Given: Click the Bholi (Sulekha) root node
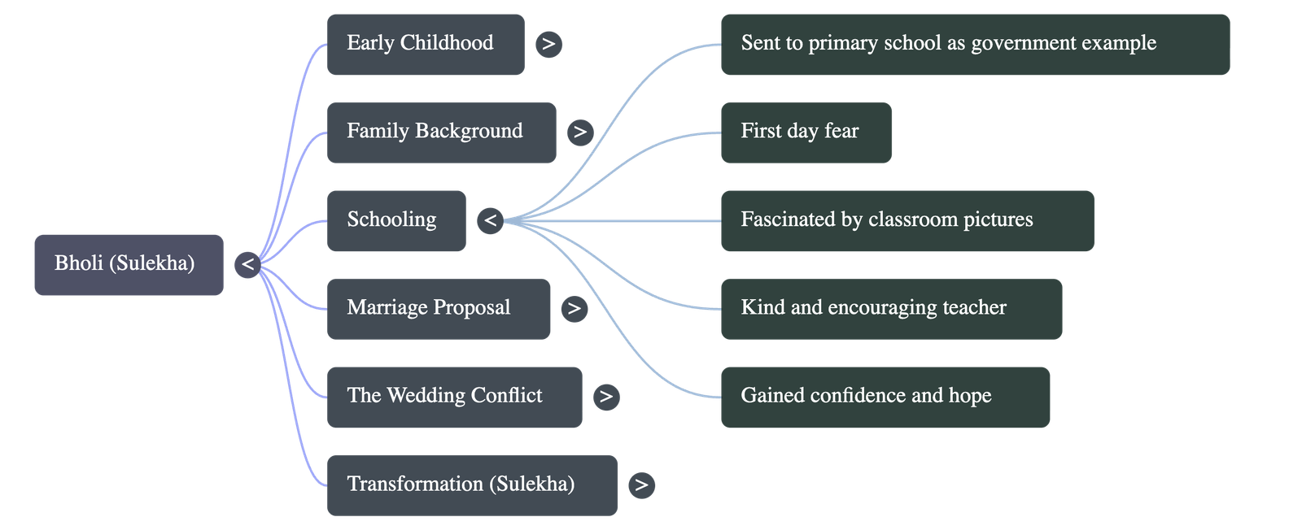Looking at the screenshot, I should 128,264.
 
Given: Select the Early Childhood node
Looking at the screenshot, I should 425,44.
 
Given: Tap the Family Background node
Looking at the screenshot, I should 441,132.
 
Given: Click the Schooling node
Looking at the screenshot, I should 395,220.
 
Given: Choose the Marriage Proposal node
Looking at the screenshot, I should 438,308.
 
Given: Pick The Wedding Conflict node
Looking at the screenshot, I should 454,397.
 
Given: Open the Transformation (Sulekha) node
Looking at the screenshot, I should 471,485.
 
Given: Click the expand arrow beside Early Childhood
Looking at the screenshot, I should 548,44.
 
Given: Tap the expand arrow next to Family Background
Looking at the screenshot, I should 579,132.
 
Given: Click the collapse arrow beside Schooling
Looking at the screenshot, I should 490,220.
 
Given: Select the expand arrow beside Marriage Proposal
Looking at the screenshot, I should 574,308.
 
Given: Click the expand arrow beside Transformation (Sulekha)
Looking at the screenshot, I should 641,485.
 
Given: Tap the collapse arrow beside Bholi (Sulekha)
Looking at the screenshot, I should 247,264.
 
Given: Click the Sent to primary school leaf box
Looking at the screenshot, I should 975,44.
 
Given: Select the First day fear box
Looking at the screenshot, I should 805,132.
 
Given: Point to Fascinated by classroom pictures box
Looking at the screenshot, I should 907,220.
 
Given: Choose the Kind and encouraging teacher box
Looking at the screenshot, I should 890,308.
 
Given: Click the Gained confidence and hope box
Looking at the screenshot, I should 885,397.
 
